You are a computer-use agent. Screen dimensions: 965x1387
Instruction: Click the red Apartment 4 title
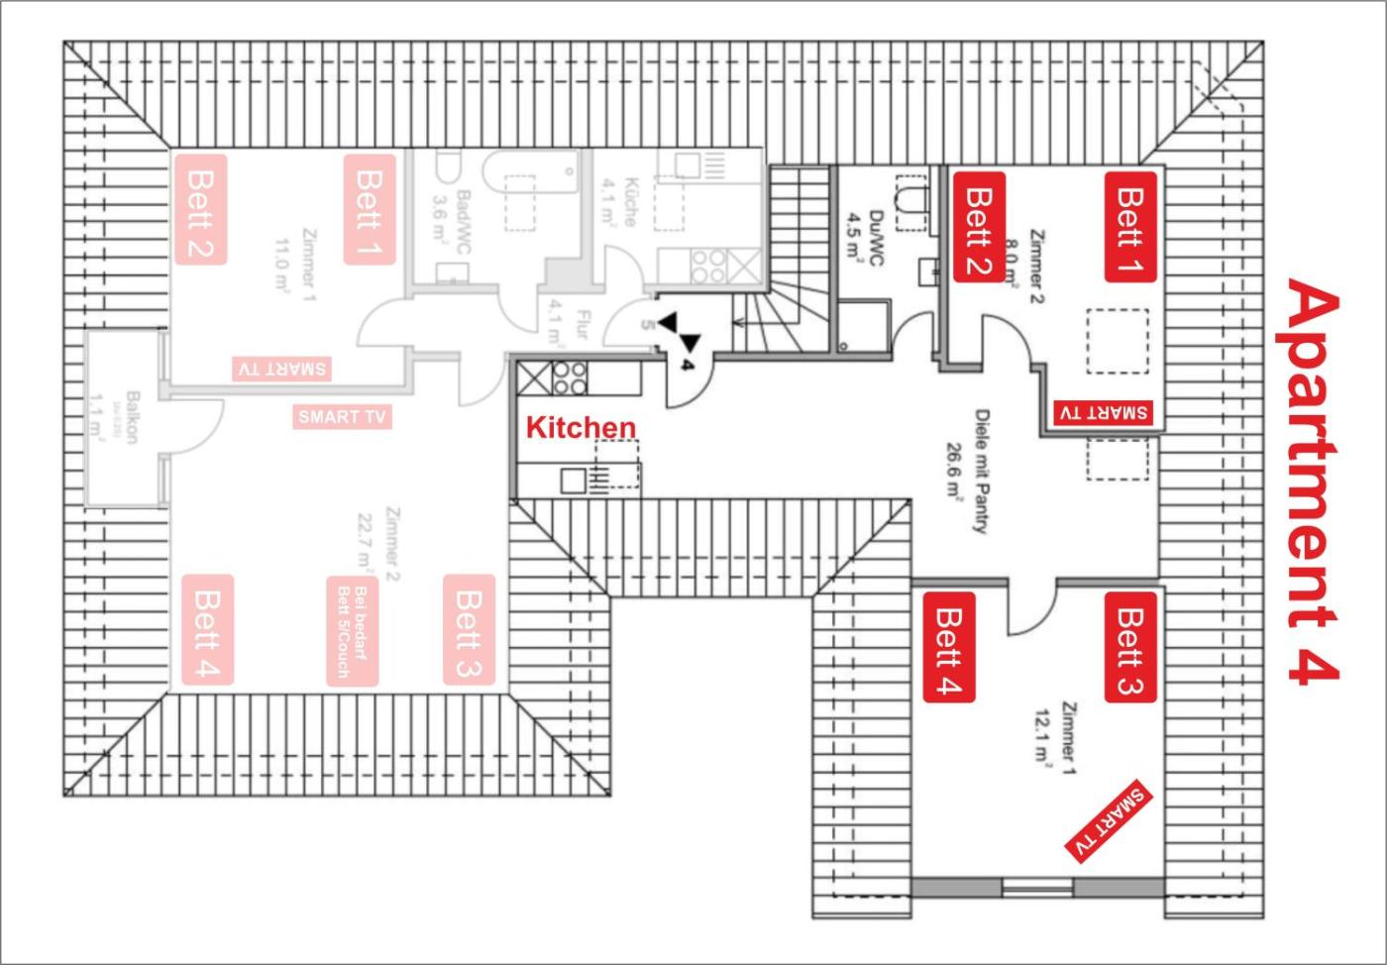pyautogui.click(x=1314, y=482)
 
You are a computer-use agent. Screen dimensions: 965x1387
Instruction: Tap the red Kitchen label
pyautogui.click(x=581, y=427)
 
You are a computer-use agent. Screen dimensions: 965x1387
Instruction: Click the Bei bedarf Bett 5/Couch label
pyautogui.click(x=353, y=631)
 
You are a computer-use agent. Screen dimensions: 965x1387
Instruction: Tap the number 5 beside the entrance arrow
pyautogui.click(x=647, y=324)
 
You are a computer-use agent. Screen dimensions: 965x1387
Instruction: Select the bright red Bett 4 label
pyautogui.click(x=949, y=647)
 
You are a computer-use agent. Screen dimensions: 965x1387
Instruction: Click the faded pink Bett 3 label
pyautogui.click(x=468, y=630)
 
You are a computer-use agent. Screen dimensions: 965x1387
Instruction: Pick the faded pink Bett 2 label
pyautogui.click(x=201, y=209)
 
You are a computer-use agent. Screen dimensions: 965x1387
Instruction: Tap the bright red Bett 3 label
pyautogui.click(x=1130, y=647)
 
